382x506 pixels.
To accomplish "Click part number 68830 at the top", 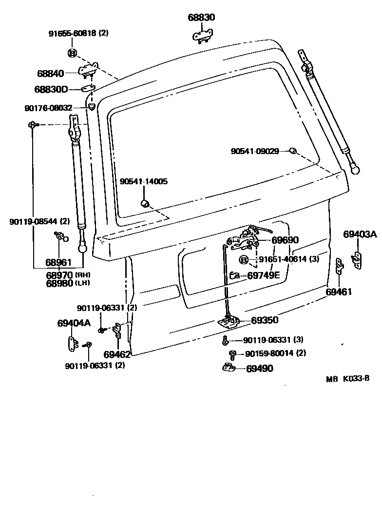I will coord(201,18).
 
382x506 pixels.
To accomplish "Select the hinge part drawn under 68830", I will coord(202,36).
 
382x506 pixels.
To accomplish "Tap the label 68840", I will coord(50,74).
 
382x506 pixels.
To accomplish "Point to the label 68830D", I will coord(51,89).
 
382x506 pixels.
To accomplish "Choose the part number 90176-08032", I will coord(48,108).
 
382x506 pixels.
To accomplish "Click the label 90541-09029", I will coord(255,151).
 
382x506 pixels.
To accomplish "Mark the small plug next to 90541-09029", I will coord(292,151).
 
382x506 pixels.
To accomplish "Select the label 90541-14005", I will coord(144,181).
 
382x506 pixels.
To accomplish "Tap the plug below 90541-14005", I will coord(145,202).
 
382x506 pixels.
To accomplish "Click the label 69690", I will coord(285,240).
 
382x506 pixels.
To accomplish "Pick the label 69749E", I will coord(264,275).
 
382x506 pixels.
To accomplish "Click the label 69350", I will coord(265,320).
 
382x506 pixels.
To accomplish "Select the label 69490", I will coord(259,369).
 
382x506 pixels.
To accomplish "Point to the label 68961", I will coord(59,263).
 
